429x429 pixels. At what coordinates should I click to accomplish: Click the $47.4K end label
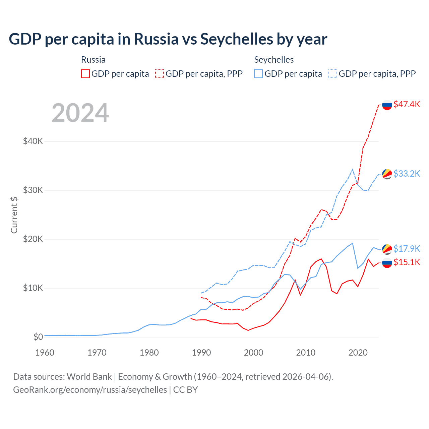pos(407,104)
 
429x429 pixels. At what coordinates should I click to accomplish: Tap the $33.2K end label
pos(407,174)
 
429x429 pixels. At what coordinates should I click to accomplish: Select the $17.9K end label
pos(407,249)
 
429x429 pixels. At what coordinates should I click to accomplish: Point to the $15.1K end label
pos(407,262)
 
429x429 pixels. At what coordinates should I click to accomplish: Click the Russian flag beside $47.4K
pos(387,105)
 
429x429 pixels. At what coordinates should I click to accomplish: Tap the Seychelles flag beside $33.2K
pos(387,174)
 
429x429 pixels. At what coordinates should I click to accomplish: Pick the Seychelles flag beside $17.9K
pos(387,249)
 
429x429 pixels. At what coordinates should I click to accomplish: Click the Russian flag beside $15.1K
pos(387,263)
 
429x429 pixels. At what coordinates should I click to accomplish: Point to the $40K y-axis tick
pos(33,141)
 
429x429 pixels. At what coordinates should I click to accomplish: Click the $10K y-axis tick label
pos(33,288)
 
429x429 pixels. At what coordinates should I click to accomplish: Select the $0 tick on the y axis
pos(38,337)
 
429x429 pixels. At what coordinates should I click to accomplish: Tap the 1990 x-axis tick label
pos(201,353)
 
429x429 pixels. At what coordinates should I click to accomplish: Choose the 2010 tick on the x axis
pos(306,353)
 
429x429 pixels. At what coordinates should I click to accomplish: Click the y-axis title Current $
pos(14,215)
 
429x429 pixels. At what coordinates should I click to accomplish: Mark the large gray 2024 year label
pos(80,113)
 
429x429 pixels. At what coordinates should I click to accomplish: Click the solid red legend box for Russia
pos(85,74)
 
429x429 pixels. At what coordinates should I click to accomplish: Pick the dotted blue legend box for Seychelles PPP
pos(333,74)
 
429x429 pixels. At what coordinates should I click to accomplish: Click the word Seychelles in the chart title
pos(237,39)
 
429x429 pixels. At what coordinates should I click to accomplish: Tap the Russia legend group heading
pos(93,60)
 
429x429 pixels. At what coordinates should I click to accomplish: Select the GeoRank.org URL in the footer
pos(90,390)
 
